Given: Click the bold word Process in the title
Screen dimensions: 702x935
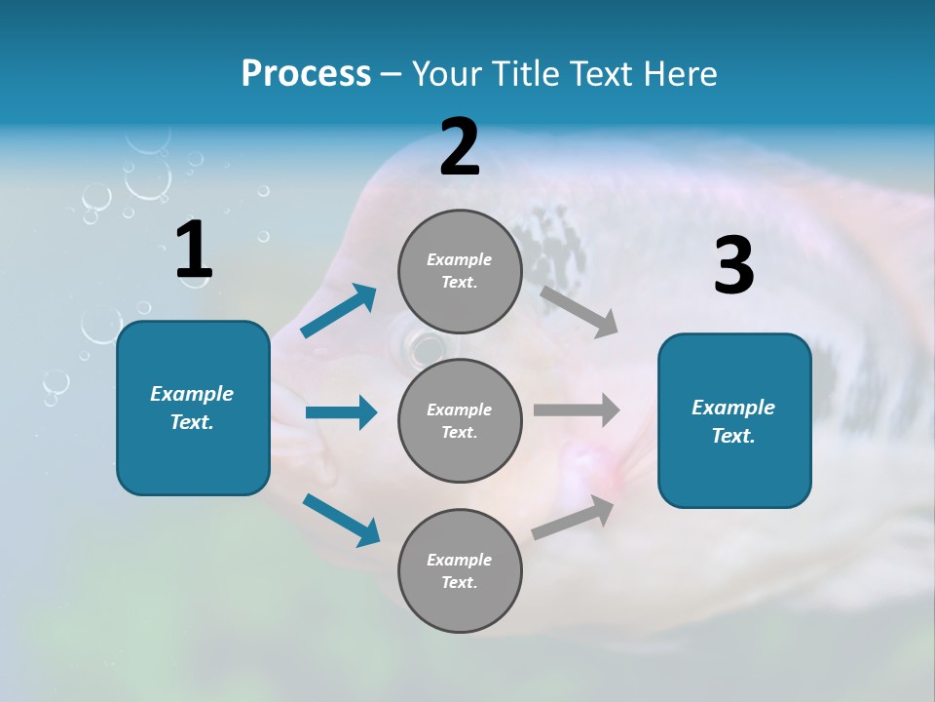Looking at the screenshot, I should [306, 74].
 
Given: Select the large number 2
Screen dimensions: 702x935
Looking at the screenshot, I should [460, 147].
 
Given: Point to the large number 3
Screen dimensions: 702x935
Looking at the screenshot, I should [733, 265].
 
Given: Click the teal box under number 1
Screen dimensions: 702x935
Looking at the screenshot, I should [193, 408].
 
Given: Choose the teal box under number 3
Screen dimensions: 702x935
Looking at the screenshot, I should [734, 420].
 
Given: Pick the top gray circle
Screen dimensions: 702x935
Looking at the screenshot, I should [460, 271].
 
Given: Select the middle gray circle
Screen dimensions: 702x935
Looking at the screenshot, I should [460, 420].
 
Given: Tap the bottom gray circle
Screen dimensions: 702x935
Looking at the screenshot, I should [460, 570].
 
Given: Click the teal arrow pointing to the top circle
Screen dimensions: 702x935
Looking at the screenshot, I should [338, 311].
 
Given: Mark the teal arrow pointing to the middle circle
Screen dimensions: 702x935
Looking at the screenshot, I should [341, 412].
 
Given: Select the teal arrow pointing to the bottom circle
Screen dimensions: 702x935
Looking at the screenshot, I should [341, 520].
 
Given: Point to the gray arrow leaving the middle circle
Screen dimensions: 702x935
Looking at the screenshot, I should [577, 410].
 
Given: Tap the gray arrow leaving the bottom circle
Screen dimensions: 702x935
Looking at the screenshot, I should [574, 518].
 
